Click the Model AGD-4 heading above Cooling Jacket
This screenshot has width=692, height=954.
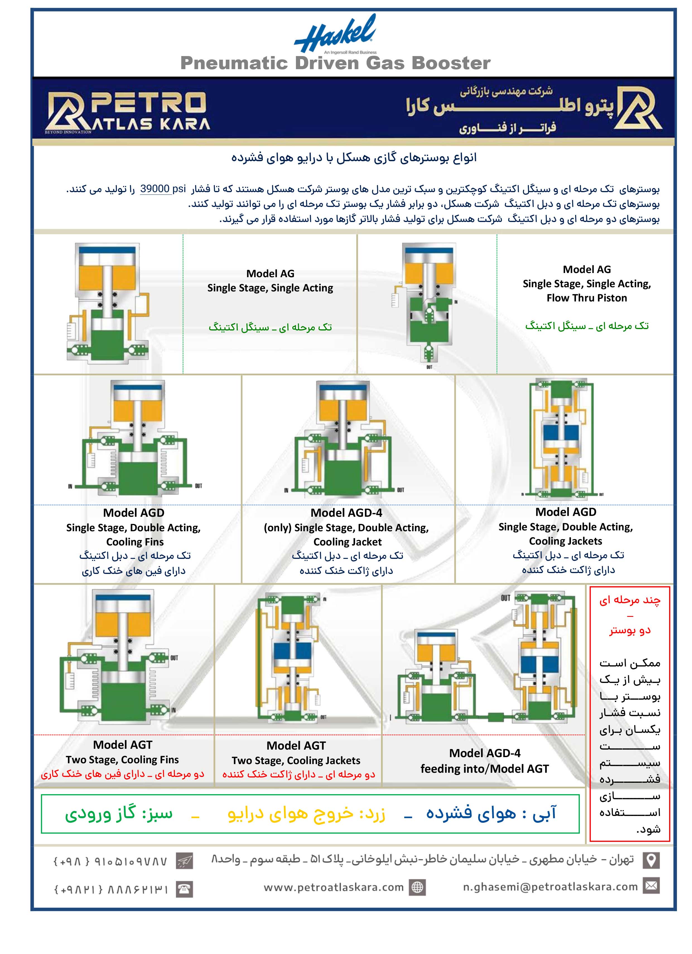pyautogui.click(x=346, y=513)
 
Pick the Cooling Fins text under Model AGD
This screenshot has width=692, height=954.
pyautogui.click(x=135, y=542)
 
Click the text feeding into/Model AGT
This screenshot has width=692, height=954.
pyautogui.click(x=484, y=769)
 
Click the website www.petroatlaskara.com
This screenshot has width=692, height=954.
pyautogui.click(x=334, y=887)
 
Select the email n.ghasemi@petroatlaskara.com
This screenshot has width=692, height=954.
pyautogui.click(x=550, y=887)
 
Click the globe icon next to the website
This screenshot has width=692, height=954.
pyautogui.click(x=417, y=887)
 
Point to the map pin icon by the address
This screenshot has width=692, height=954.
pyautogui.click(x=651, y=860)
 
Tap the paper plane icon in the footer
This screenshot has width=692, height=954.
pyautogui.click(x=185, y=861)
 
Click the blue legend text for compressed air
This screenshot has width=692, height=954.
pyautogui.click(x=491, y=813)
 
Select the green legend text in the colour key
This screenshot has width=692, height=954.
pyautogui.click(x=119, y=813)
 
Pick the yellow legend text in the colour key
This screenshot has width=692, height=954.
pyautogui.click(x=306, y=813)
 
